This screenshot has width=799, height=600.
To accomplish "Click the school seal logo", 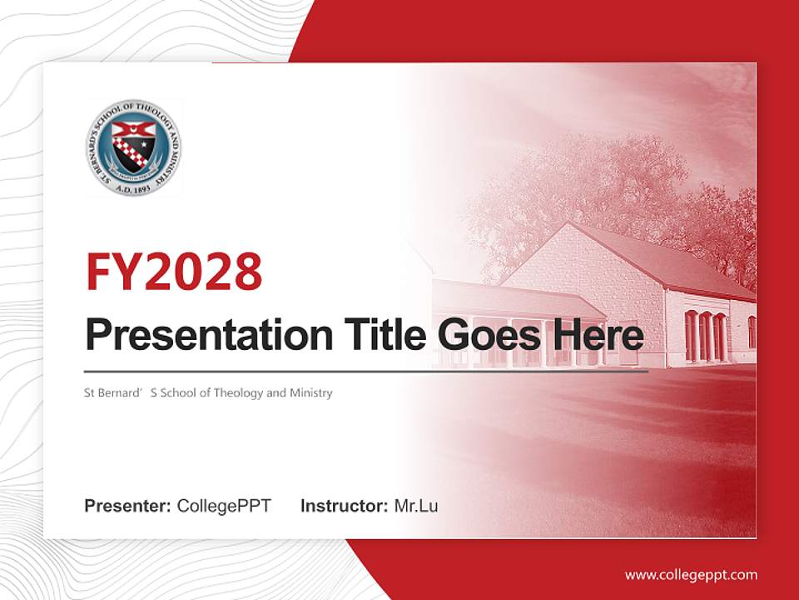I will click(133, 147).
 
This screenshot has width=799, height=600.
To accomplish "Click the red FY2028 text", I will click(174, 271).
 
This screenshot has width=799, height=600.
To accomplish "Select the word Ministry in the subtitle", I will click(310, 392).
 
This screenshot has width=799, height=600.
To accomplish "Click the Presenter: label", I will click(128, 505).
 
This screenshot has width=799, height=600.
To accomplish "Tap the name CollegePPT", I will click(224, 505).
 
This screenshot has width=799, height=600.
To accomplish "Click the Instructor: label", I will click(344, 505).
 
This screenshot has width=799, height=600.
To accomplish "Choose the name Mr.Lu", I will click(416, 505).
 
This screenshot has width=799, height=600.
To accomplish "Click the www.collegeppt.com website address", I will click(691, 574).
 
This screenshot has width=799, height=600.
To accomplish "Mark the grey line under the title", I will click(366, 371).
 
